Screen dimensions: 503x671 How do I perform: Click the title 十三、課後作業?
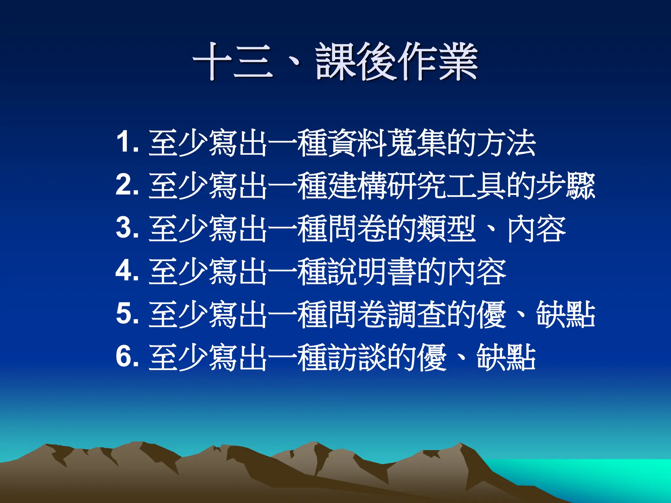[x=335, y=62]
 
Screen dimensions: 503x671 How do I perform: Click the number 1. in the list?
[x=127, y=142]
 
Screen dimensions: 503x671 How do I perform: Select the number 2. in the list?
[x=127, y=185]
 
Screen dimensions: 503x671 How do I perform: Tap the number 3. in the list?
[x=127, y=228]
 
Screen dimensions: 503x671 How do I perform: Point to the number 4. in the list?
[x=127, y=271]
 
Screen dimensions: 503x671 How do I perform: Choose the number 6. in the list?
[x=127, y=357]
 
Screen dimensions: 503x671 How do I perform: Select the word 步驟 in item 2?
[x=565, y=185]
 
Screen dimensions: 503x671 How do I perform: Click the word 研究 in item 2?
[x=416, y=185]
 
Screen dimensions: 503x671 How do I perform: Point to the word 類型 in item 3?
[x=446, y=228]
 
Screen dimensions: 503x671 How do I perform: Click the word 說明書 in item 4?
[x=371, y=271]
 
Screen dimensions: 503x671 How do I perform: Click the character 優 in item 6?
[x=431, y=357]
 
